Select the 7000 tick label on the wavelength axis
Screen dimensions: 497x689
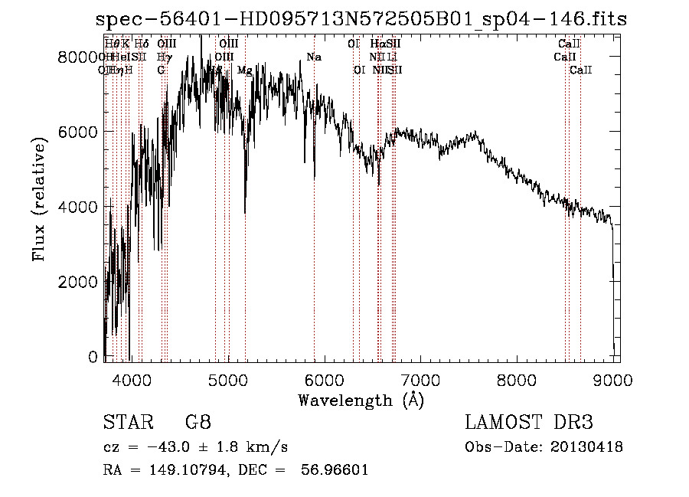tap(420, 379)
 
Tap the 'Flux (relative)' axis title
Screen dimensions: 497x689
tap(38, 199)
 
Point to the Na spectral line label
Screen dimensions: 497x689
tap(314, 57)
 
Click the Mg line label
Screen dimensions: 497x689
tap(244, 70)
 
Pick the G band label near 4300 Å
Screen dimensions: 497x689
tap(162, 70)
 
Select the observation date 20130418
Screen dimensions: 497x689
tap(587, 446)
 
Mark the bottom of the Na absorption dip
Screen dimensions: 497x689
tap(315, 178)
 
